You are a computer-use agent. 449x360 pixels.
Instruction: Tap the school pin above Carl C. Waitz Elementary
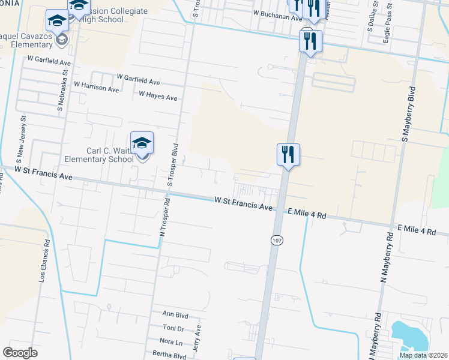(x=142, y=144)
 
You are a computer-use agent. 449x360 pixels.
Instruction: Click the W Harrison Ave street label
(x=96, y=88)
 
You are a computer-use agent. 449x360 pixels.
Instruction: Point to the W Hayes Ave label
(x=158, y=95)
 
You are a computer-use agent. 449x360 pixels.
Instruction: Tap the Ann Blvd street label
(x=175, y=314)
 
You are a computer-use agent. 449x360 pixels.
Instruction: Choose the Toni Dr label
(x=173, y=328)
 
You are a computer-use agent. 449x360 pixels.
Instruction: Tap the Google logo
(x=20, y=352)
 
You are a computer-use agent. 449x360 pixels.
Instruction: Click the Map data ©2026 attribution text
(x=423, y=355)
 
